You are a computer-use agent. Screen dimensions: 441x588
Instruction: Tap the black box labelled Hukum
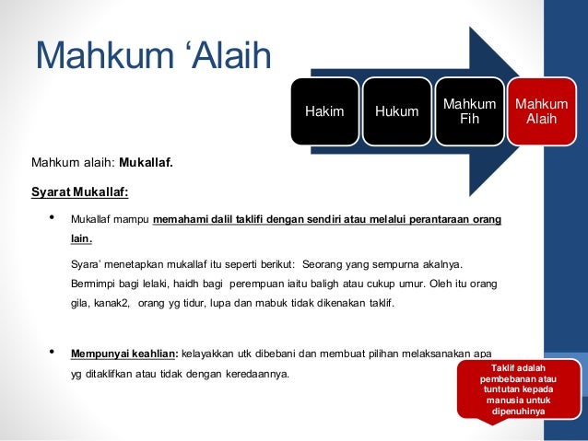396,112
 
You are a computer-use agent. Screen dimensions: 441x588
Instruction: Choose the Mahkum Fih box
469,111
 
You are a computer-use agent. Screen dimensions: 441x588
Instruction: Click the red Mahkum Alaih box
541,111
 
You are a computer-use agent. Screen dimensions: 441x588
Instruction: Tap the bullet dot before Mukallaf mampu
51,219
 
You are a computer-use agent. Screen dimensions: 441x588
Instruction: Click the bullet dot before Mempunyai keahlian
51,353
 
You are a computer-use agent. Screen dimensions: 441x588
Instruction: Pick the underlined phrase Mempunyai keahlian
123,354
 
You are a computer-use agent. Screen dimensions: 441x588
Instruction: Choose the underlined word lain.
81,239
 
